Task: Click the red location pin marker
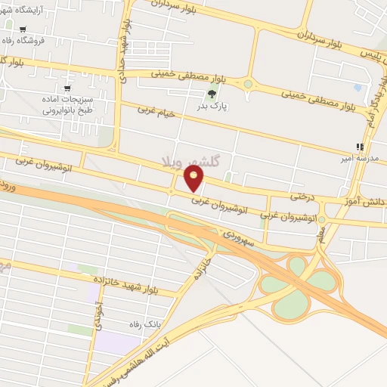(195, 178)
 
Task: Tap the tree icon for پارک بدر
(211, 94)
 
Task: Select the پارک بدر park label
(213, 108)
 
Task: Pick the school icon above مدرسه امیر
(360, 147)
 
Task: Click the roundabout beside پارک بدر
(248, 84)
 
